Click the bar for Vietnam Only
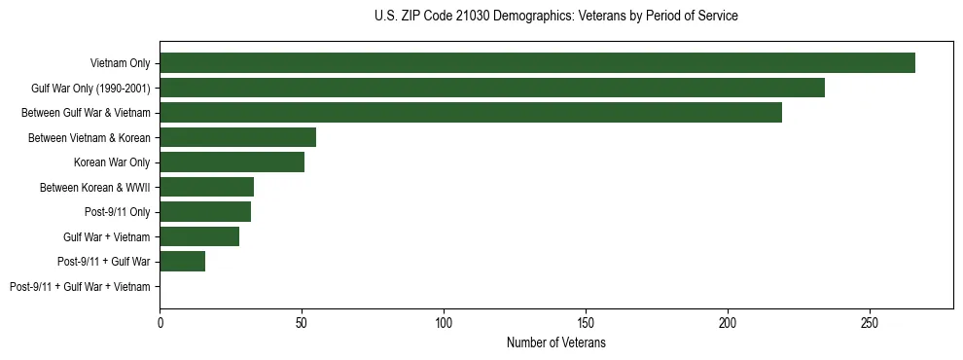pyautogui.click(x=537, y=63)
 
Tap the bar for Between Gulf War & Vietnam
pyautogui.click(x=471, y=113)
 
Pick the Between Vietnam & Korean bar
pyautogui.click(x=237, y=137)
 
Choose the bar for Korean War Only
pyautogui.click(x=232, y=162)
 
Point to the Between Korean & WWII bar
pyautogui.click(x=206, y=187)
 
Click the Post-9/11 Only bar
pyautogui.click(x=205, y=212)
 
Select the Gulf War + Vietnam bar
pyautogui.click(x=199, y=236)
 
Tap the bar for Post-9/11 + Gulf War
pyautogui.click(x=182, y=262)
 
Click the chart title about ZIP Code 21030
pyautogui.click(x=555, y=17)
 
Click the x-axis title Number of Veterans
pyautogui.click(x=555, y=342)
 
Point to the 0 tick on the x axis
pyautogui.click(x=160, y=322)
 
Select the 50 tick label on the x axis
pyautogui.click(x=303, y=322)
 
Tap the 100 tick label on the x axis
pyautogui.click(x=444, y=322)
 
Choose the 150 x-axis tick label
pyautogui.click(x=586, y=322)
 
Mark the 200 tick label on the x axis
pyautogui.click(x=728, y=322)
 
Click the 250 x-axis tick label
pyautogui.click(x=870, y=322)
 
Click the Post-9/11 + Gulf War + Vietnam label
pyautogui.click(x=80, y=287)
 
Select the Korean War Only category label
pyautogui.click(x=112, y=162)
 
